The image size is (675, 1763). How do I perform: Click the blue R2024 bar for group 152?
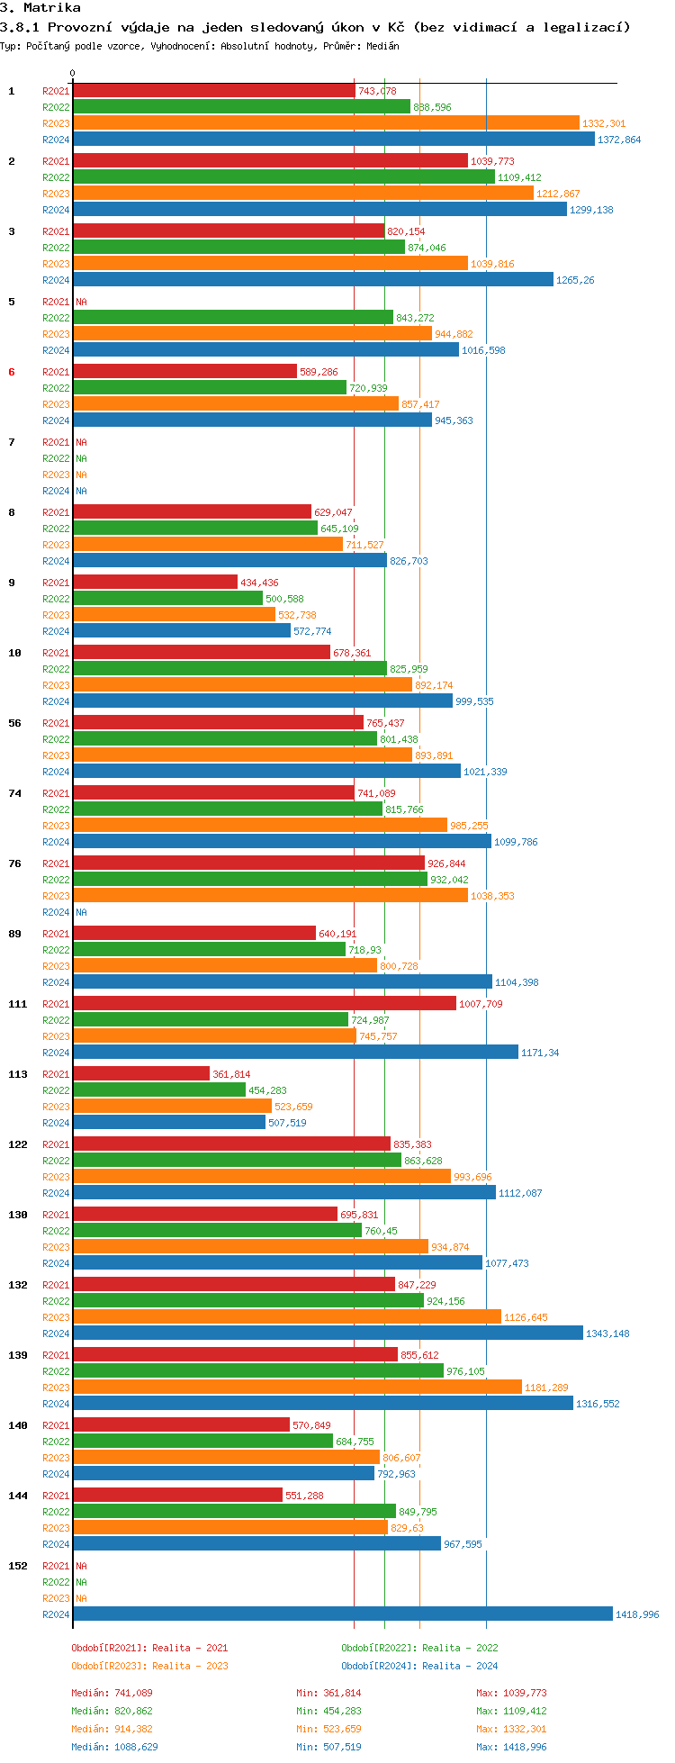(x=342, y=1614)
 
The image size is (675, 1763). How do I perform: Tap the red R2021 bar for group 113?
(x=141, y=1074)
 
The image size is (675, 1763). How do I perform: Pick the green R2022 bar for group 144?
(x=234, y=1512)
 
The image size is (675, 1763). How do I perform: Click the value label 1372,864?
(x=619, y=140)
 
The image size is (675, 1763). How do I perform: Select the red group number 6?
(x=12, y=372)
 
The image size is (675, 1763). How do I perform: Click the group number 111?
(x=18, y=1004)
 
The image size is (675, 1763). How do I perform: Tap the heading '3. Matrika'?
(x=40, y=8)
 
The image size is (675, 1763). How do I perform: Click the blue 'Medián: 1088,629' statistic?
(x=114, y=1747)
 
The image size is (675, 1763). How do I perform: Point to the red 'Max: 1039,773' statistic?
(x=511, y=1693)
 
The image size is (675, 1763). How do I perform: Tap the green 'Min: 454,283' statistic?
(x=331, y=1711)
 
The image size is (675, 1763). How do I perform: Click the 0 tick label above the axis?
(x=73, y=74)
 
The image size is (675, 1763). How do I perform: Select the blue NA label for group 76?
(x=81, y=913)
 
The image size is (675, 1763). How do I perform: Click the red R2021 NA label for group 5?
(x=81, y=303)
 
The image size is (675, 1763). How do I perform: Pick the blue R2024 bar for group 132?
(x=328, y=1334)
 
